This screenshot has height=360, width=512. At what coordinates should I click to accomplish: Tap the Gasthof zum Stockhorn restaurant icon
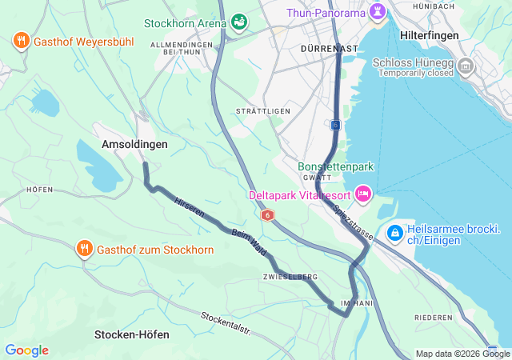click(x=84, y=249)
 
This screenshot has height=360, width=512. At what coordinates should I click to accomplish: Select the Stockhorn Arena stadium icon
click(x=239, y=22)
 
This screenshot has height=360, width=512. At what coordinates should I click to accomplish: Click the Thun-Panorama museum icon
click(x=378, y=13)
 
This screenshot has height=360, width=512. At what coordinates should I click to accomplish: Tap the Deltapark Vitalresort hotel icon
click(x=363, y=194)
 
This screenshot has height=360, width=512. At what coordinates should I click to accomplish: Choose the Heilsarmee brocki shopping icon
click(x=394, y=233)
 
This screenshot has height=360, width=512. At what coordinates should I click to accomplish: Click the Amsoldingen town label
click(x=134, y=144)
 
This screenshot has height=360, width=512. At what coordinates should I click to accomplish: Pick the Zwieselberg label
click(x=290, y=277)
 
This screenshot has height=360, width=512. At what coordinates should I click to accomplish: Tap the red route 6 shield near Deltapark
click(x=267, y=215)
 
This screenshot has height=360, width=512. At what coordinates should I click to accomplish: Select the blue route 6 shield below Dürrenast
click(x=335, y=125)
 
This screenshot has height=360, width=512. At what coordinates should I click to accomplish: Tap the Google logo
click(x=26, y=350)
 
